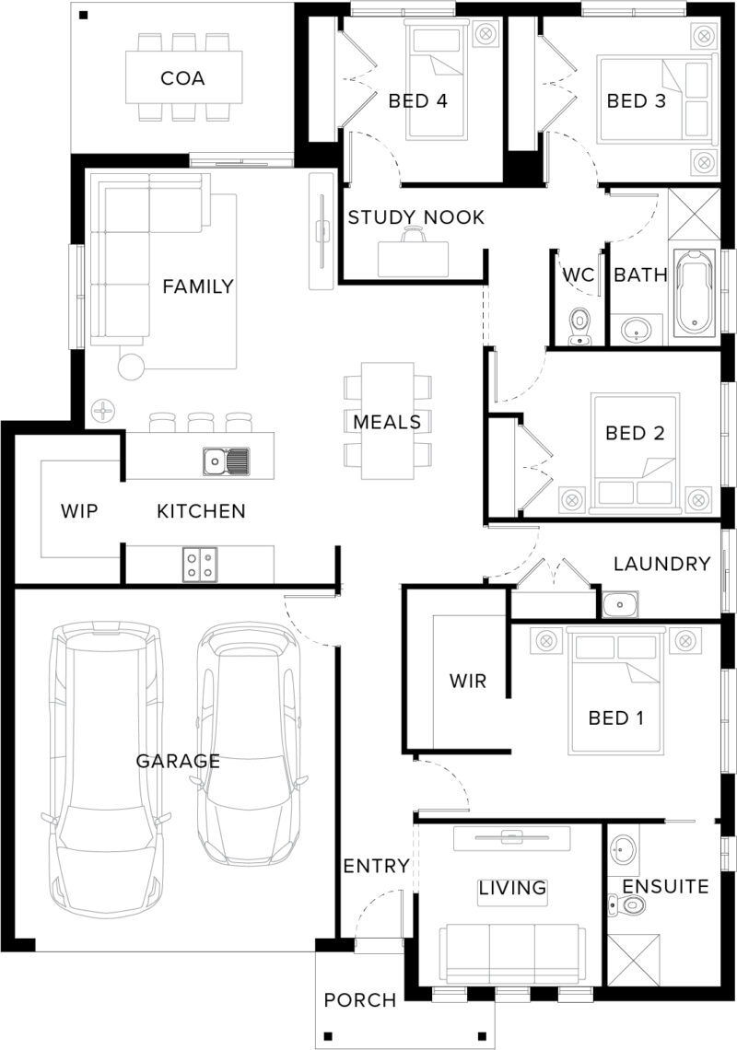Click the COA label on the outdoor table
point(182,78)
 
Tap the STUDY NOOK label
point(415,217)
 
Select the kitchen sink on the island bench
point(227,461)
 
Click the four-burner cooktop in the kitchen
point(200,564)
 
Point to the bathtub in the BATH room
point(696,293)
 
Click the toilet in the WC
point(579,327)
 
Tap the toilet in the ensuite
point(626,905)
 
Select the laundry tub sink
point(620,604)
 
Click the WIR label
point(468,682)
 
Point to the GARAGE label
point(178,761)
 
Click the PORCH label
point(360,1000)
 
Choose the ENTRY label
point(376,866)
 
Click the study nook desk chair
point(414,234)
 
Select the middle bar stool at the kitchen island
point(200,423)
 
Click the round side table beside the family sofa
point(132,367)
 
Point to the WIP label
point(79,511)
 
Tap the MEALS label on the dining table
point(387,422)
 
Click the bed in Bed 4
point(437,80)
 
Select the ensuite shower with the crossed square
point(633,960)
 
